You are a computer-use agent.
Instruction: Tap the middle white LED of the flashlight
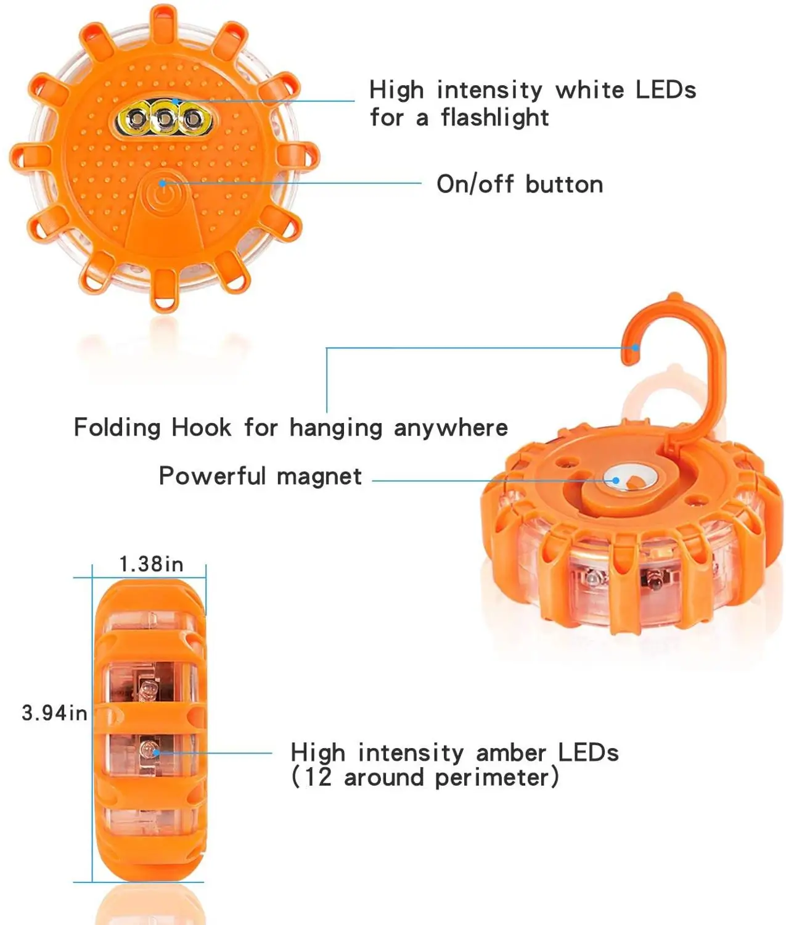(x=165, y=118)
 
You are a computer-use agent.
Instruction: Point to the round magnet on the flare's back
(x=616, y=480)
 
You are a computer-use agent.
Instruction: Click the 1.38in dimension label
(x=151, y=564)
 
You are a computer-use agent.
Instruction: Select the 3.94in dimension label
(x=54, y=713)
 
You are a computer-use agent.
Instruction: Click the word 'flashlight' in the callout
(x=494, y=117)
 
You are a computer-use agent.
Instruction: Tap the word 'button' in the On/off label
(x=564, y=184)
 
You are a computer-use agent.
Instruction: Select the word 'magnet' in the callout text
(x=319, y=476)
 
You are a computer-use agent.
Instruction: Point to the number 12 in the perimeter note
(x=317, y=777)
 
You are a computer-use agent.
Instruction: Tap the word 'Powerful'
(x=212, y=476)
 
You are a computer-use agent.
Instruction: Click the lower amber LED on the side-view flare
(x=147, y=750)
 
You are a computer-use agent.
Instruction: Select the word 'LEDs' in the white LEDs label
(x=666, y=90)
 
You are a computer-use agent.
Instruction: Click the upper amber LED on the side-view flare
(x=147, y=688)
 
